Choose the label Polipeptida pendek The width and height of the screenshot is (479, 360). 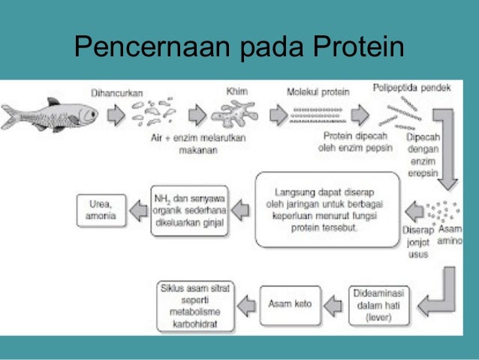coord(412,88)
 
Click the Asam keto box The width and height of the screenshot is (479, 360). coord(290,304)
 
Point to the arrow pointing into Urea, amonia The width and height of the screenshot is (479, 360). coord(136,210)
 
